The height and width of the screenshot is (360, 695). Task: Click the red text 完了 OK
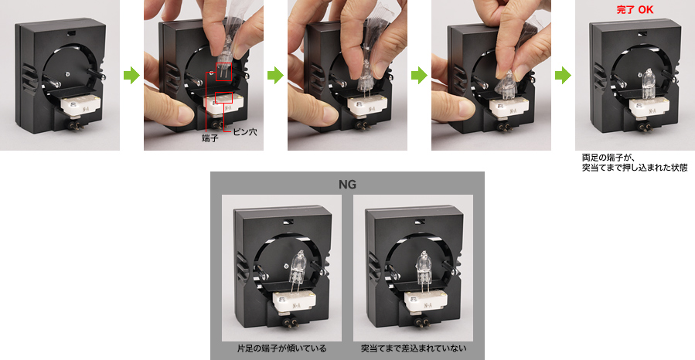(x=635, y=10)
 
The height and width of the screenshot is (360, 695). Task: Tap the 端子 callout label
(x=210, y=138)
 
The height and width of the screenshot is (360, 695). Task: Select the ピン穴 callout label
(x=244, y=132)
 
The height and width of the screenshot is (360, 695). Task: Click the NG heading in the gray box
(x=347, y=184)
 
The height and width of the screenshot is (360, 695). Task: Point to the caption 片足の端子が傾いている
(x=282, y=348)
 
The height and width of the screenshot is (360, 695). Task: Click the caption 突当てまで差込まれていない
(x=413, y=348)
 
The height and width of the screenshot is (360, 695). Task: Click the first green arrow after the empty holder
(x=131, y=75)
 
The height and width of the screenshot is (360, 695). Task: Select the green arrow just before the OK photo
(x=563, y=75)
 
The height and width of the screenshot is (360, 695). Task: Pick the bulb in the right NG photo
(x=424, y=269)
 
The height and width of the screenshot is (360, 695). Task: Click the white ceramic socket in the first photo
(x=80, y=104)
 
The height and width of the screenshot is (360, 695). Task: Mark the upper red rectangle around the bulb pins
(x=224, y=72)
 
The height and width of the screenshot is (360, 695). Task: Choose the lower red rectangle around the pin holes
(x=223, y=97)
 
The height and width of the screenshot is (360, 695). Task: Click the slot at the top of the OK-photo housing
(x=642, y=33)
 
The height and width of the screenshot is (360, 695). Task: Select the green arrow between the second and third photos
(x=275, y=75)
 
